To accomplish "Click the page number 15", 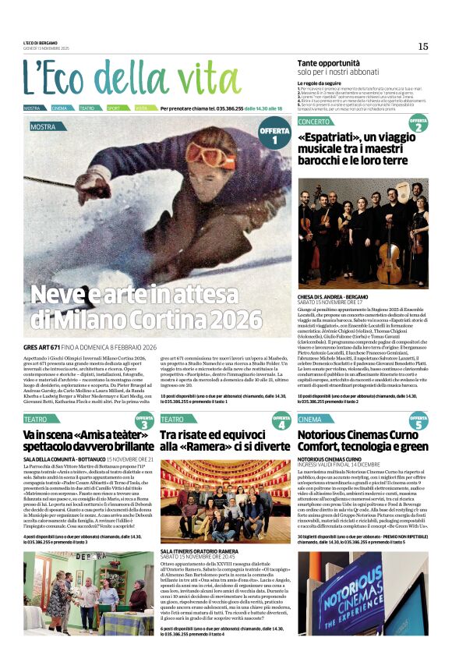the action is tap(422, 46).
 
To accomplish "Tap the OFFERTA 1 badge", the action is tap(274, 135).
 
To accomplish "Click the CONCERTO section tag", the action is tap(314, 122).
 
